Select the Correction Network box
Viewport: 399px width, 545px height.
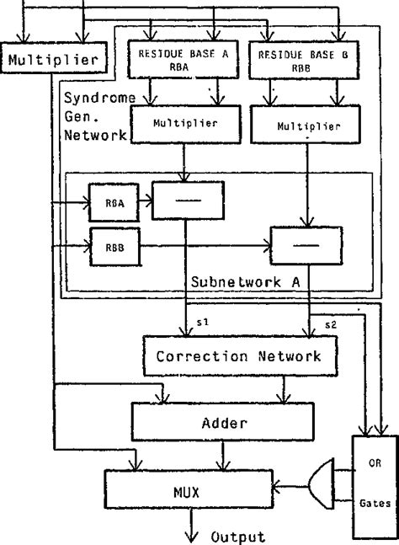click(x=238, y=356)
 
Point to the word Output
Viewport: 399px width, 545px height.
click(x=238, y=536)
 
